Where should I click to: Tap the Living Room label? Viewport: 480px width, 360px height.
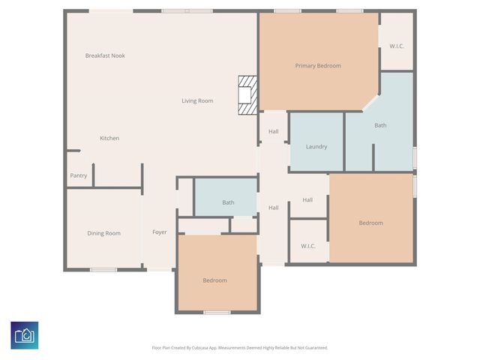click(197, 100)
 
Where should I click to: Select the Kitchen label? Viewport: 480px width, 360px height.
click(109, 138)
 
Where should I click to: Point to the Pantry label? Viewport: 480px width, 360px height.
click(79, 175)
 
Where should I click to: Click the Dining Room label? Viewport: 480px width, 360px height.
click(103, 233)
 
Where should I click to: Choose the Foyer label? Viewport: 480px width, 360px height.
click(160, 232)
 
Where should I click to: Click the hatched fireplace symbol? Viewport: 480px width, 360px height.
click(247, 95)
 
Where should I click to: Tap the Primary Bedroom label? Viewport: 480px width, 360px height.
click(318, 66)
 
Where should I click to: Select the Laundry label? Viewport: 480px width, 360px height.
click(316, 146)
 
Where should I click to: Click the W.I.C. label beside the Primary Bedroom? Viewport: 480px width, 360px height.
click(396, 46)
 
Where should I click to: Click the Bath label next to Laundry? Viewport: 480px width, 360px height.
click(381, 125)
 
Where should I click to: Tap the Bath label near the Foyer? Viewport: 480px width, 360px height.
click(228, 202)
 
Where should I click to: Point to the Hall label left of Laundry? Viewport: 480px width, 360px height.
click(274, 132)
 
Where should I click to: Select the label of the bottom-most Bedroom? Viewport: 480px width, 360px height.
click(214, 280)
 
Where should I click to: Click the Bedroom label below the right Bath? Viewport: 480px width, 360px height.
click(370, 223)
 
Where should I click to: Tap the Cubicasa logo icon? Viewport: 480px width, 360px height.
click(25, 334)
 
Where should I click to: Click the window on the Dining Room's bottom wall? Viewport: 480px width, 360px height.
click(103, 270)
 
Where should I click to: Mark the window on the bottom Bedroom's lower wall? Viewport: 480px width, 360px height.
click(217, 312)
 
